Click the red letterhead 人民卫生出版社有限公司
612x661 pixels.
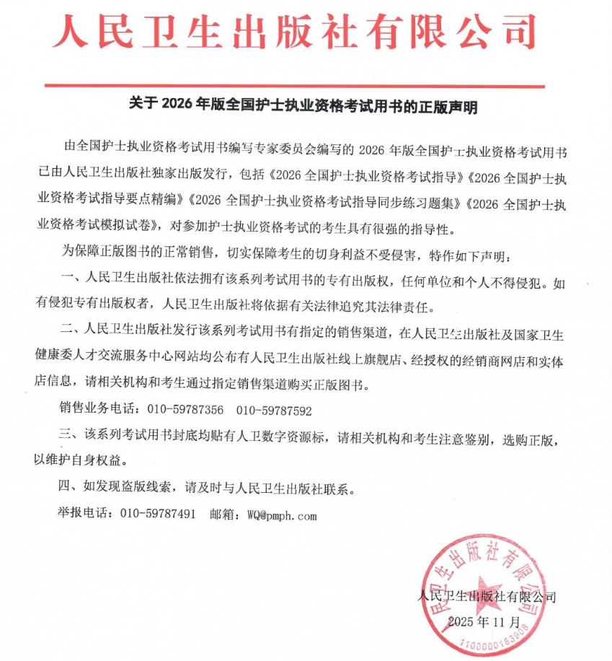pyautogui.click(x=295, y=32)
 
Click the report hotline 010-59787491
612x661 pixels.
pyautogui.click(x=158, y=515)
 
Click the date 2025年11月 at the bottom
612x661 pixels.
pyautogui.click(x=483, y=621)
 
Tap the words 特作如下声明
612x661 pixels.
pyautogui.click(x=469, y=256)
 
